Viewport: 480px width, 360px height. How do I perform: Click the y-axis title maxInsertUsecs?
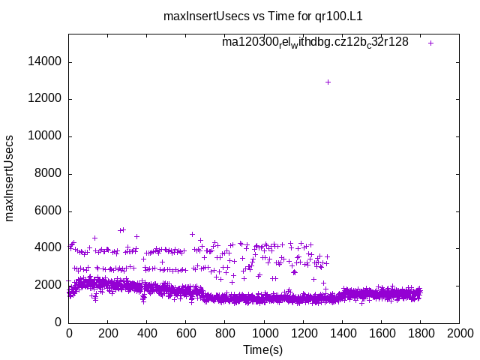pos(10,178)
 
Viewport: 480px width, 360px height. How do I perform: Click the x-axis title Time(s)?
pos(263,349)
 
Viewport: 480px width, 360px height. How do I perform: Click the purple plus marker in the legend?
pos(430,43)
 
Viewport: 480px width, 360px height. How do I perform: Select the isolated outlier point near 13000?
pos(328,82)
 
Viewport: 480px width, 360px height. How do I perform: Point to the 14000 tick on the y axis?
pos(46,62)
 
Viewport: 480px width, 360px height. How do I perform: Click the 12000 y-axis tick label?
pos(46,99)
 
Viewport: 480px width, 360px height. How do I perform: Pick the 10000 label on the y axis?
pos(46,136)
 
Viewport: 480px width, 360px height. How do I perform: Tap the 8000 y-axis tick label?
pos(49,174)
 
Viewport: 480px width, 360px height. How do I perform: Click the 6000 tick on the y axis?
pos(49,211)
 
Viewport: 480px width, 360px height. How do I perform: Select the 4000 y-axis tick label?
pos(49,248)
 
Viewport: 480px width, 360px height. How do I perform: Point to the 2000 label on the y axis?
pos(49,285)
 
